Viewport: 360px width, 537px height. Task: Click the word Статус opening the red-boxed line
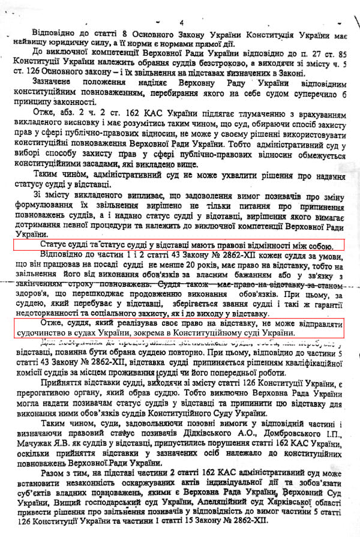52,245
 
